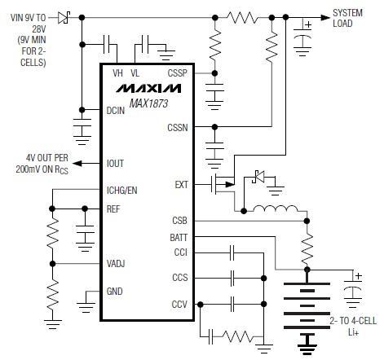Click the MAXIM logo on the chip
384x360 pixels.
click(x=148, y=89)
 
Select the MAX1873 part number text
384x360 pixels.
click(x=148, y=103)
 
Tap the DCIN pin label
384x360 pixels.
click(x=116, y=111)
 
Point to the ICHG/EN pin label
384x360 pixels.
click(x=121, y=191)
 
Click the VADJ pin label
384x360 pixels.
click(x=116, y=264)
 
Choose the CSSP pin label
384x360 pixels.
click(x=178, y=73)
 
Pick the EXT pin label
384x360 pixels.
click(x=181, y=185)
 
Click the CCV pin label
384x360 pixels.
click(x=179, y=305)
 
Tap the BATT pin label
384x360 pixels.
click(x=179, y=238)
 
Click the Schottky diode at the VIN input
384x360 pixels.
click(x=64, y=18)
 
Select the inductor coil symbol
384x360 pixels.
click(x=276, y=209)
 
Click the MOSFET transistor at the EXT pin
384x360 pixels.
click(x=223, y=185)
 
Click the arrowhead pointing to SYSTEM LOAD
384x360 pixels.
click(x=325, y=18)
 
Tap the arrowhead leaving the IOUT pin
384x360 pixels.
click(x=77, y=164)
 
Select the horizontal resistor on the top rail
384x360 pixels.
click(x=242, y=18)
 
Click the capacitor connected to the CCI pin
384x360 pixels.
click(x=232, y=252)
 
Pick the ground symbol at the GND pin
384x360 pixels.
click(x=86, y=307)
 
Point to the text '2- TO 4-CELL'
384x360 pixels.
click(x=353, y=321)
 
